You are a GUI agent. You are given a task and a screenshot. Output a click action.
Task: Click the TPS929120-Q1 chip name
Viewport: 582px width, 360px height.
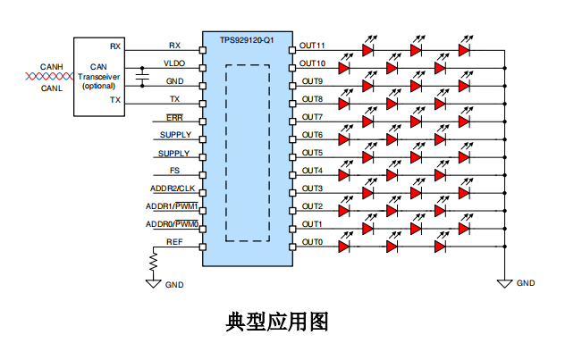point(247,40)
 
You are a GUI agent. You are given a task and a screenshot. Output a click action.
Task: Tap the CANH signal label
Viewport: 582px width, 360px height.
point(51,65)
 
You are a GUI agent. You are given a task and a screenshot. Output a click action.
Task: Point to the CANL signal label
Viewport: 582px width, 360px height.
point(51,88)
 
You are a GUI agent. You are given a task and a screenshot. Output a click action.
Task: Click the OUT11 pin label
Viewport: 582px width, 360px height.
point(313,45)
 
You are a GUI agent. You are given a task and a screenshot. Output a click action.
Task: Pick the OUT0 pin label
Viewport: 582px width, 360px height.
point(311,242)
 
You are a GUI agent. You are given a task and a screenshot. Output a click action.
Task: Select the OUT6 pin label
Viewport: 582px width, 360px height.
point(311,135)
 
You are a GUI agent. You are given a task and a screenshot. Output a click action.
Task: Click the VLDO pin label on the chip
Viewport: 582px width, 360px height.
point(174,63)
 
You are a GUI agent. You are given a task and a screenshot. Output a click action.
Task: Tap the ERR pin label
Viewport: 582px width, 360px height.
point(175,117)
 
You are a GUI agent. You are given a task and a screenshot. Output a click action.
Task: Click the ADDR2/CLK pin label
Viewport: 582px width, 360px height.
point(172,188)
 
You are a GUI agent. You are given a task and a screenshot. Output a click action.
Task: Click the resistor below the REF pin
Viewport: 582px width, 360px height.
point(153,262)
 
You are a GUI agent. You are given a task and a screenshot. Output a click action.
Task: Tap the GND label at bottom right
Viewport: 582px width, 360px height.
point(526,283)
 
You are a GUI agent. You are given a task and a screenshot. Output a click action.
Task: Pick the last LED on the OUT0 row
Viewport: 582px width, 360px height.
point(463,246)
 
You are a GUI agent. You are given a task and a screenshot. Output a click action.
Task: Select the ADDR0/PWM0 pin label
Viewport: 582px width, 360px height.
point(172,224)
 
